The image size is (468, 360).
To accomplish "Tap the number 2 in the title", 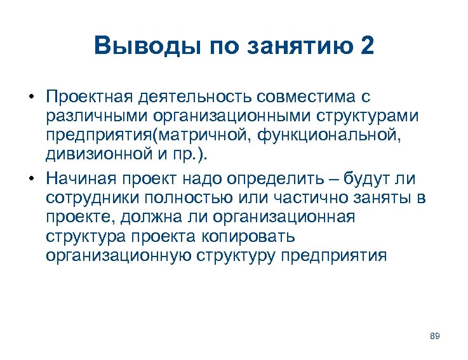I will coord(367,46).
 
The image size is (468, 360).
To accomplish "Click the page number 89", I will coord(435,335).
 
